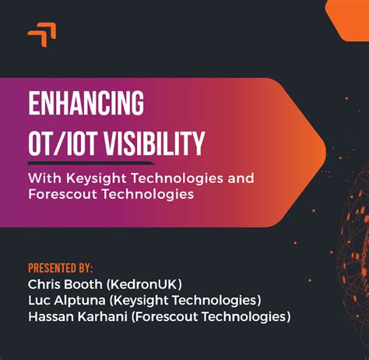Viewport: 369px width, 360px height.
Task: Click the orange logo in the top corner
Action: click(x=42, y=34)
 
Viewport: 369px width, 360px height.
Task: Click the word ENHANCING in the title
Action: click(x=86, y=103)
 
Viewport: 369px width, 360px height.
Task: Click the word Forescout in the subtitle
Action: click(x=61, y=195)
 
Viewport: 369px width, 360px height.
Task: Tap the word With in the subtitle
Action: click(x=44, y=178)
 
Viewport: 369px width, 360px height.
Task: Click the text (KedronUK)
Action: click(x=146, y=284)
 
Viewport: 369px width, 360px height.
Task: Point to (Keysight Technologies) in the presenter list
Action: click(x=193, y=300)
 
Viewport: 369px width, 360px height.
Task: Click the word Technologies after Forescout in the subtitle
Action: click(x=146, y=195)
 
